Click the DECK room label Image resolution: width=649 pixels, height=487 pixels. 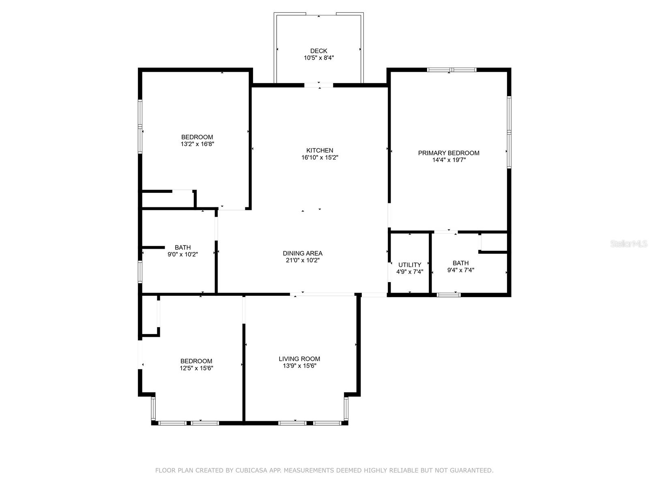318,51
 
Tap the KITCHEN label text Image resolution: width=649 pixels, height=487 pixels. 320,150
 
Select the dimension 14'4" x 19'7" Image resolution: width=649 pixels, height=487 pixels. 449,160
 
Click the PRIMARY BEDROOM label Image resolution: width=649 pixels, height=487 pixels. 449,153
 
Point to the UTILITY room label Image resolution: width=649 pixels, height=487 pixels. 410,265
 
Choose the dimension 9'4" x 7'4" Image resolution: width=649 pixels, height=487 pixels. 460,270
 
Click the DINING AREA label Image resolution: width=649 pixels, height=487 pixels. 303,253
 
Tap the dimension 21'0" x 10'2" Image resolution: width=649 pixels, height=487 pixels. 303,260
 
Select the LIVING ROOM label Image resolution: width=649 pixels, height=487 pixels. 299,359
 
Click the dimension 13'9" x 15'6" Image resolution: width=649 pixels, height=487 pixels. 299,366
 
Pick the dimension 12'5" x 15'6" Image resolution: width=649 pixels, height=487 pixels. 196,368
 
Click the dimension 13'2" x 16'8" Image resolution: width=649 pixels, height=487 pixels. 197,144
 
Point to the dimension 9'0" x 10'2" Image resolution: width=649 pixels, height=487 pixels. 183,254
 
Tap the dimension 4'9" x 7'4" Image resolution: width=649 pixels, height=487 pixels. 410,272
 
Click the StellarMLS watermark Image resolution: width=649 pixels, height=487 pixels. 629,244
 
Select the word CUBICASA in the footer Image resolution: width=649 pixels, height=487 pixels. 258,470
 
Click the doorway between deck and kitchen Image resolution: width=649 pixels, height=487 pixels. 319,85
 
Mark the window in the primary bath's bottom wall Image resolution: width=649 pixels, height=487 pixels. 449,295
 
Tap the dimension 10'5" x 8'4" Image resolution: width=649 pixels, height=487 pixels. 318,58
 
